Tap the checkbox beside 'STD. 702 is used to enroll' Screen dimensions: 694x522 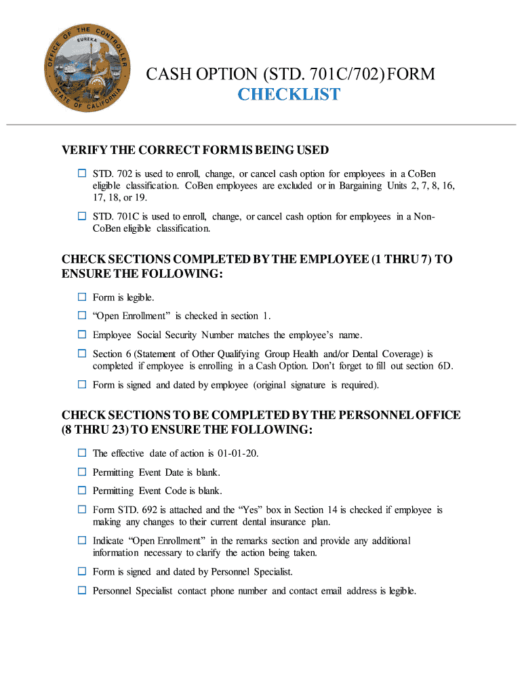[81, 174]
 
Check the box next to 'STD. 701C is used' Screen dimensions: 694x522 [81, 216]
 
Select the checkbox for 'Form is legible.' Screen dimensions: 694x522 [81, 297]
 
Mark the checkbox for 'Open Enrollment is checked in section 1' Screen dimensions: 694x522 [81, 315]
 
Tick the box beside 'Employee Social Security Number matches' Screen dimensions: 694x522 [81, 334]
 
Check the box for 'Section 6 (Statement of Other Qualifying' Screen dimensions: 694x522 [81, 353]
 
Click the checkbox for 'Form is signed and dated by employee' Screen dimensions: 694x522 [81, 384]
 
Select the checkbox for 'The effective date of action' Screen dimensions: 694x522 [81, 453]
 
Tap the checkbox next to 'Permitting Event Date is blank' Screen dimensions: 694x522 [81, 472]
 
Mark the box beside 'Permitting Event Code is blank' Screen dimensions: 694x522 [81, 490]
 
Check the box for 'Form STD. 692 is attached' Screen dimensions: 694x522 [81, 509]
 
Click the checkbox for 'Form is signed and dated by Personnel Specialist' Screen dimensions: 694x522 [81, 571]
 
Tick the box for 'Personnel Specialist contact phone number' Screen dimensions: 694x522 [81, 590]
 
